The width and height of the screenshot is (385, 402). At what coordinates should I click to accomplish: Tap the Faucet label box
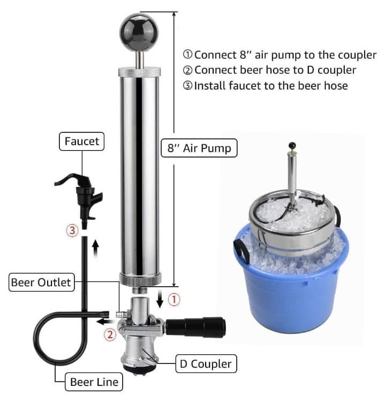pos(82,142)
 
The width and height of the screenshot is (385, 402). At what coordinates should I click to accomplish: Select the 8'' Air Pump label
pos(199,148)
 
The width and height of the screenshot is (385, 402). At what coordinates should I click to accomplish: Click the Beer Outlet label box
pos(41,282)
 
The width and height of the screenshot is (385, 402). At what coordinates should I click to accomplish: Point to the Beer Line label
pos(94,382)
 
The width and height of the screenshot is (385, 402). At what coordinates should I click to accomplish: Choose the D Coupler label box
pos(206,364)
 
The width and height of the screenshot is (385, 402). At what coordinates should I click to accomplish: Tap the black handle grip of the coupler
pos(196,324)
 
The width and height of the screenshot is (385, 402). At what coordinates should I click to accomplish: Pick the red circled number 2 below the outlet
pos(109,335)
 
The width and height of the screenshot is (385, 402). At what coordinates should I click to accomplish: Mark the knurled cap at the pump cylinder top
pos(139,71)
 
